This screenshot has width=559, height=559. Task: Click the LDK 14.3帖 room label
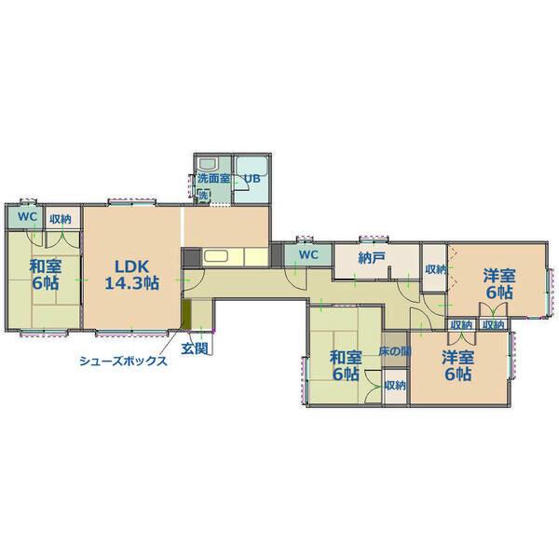coord(131,275)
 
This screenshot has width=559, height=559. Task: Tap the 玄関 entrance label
coord(195,348)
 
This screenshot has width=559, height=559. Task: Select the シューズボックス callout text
coord(123,361)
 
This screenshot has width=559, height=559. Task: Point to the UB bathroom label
coord(252,178)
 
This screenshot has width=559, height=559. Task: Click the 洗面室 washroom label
coord(213,178)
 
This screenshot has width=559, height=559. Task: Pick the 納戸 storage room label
coord(372,258)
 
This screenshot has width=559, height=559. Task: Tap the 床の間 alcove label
coord(395,351)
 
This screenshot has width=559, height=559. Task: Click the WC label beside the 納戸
coord(308,254)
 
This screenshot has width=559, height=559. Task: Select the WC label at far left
coord(27,217)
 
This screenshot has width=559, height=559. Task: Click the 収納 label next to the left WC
coord(61,219)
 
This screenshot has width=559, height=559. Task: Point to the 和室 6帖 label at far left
coord(46,275)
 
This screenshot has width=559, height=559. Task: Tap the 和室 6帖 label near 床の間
coord(346,365)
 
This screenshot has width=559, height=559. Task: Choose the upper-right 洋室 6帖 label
coord(499,284)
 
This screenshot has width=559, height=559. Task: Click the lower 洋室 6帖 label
coord(458,365)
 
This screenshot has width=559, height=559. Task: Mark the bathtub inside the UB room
coord(252,165)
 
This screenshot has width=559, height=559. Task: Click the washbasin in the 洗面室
coord(208,164)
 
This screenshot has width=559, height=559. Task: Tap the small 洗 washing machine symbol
coord(203,196)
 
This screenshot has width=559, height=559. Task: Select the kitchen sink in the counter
coord(215,257)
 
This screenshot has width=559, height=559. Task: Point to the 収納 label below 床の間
coord(395,386)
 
